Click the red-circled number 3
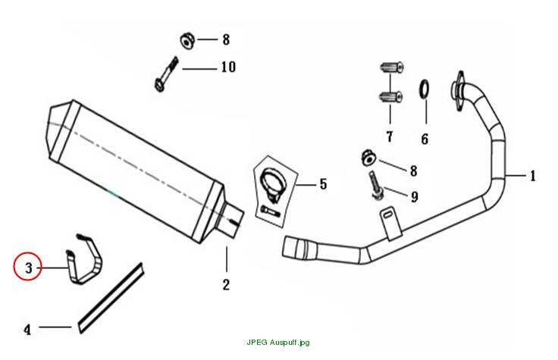[29, 268]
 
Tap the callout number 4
[27, 330]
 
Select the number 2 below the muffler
[226, 284]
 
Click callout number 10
[228, 67]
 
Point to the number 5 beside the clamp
[323, 184]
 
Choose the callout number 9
[414, 197]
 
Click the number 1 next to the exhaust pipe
[532, 176]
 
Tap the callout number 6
[425, 139]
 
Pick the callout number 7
[390, 136]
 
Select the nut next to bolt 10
[187, 41]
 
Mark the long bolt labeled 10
[165, 74]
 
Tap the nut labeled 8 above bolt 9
[368, 158]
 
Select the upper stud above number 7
[392, 67]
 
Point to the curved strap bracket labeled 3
[84, 259]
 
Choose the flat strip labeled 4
[111, 298]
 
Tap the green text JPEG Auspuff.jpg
[278, 343]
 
